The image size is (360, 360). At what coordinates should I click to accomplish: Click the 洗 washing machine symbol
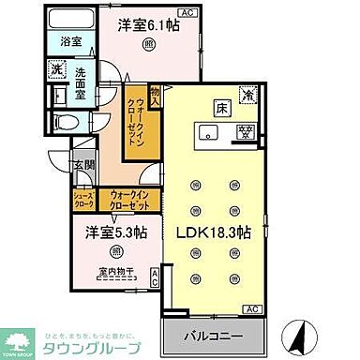point(55,68)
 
